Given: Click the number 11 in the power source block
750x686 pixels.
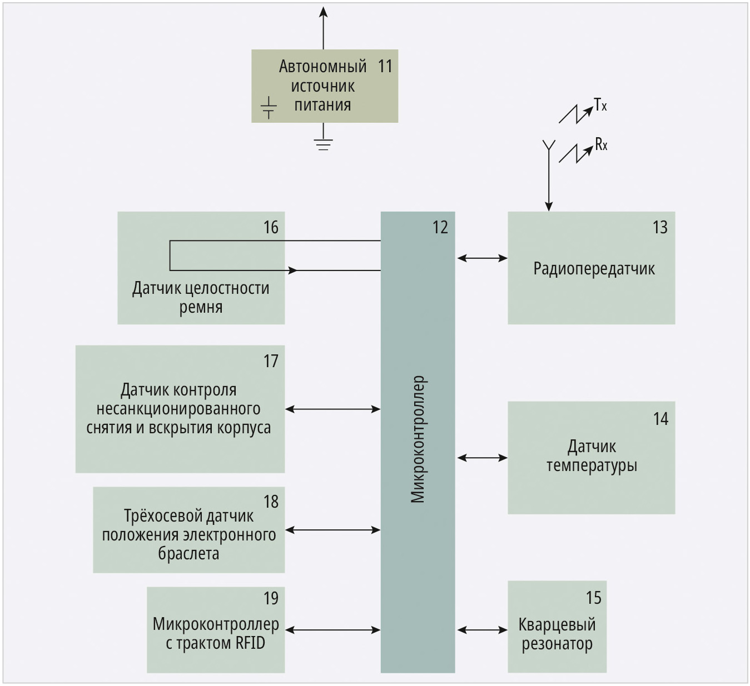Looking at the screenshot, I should (385, 66).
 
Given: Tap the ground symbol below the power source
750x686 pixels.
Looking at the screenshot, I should (323, 144).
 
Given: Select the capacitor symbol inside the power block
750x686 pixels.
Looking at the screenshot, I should (269, 108).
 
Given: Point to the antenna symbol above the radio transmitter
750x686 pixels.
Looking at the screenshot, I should (549, 147).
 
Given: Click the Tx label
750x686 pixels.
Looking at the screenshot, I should (600, 104).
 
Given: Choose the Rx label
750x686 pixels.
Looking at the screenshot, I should (601, 145).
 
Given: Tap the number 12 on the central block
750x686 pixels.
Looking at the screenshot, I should (440, 227).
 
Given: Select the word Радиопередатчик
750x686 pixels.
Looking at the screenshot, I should (594, 269).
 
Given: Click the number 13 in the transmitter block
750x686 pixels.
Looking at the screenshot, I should (660, 227).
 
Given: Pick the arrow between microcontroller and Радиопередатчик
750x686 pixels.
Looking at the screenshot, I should (482, 258).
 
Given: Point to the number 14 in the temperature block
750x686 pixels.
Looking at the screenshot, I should (660, 419).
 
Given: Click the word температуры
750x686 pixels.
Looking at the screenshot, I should (592, 465).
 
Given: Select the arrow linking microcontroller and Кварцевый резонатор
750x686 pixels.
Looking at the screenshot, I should (482, 630).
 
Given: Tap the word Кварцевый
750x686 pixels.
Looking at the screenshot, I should (557, 625).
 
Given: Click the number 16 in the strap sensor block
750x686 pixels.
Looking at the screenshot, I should (271, 227).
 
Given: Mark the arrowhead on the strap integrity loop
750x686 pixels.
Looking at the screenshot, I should (293, 271).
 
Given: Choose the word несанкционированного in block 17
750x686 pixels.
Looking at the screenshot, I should (178, 409).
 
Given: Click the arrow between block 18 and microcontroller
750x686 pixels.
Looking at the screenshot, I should (332, 530).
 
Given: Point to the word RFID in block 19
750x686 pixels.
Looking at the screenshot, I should (250, 643).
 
